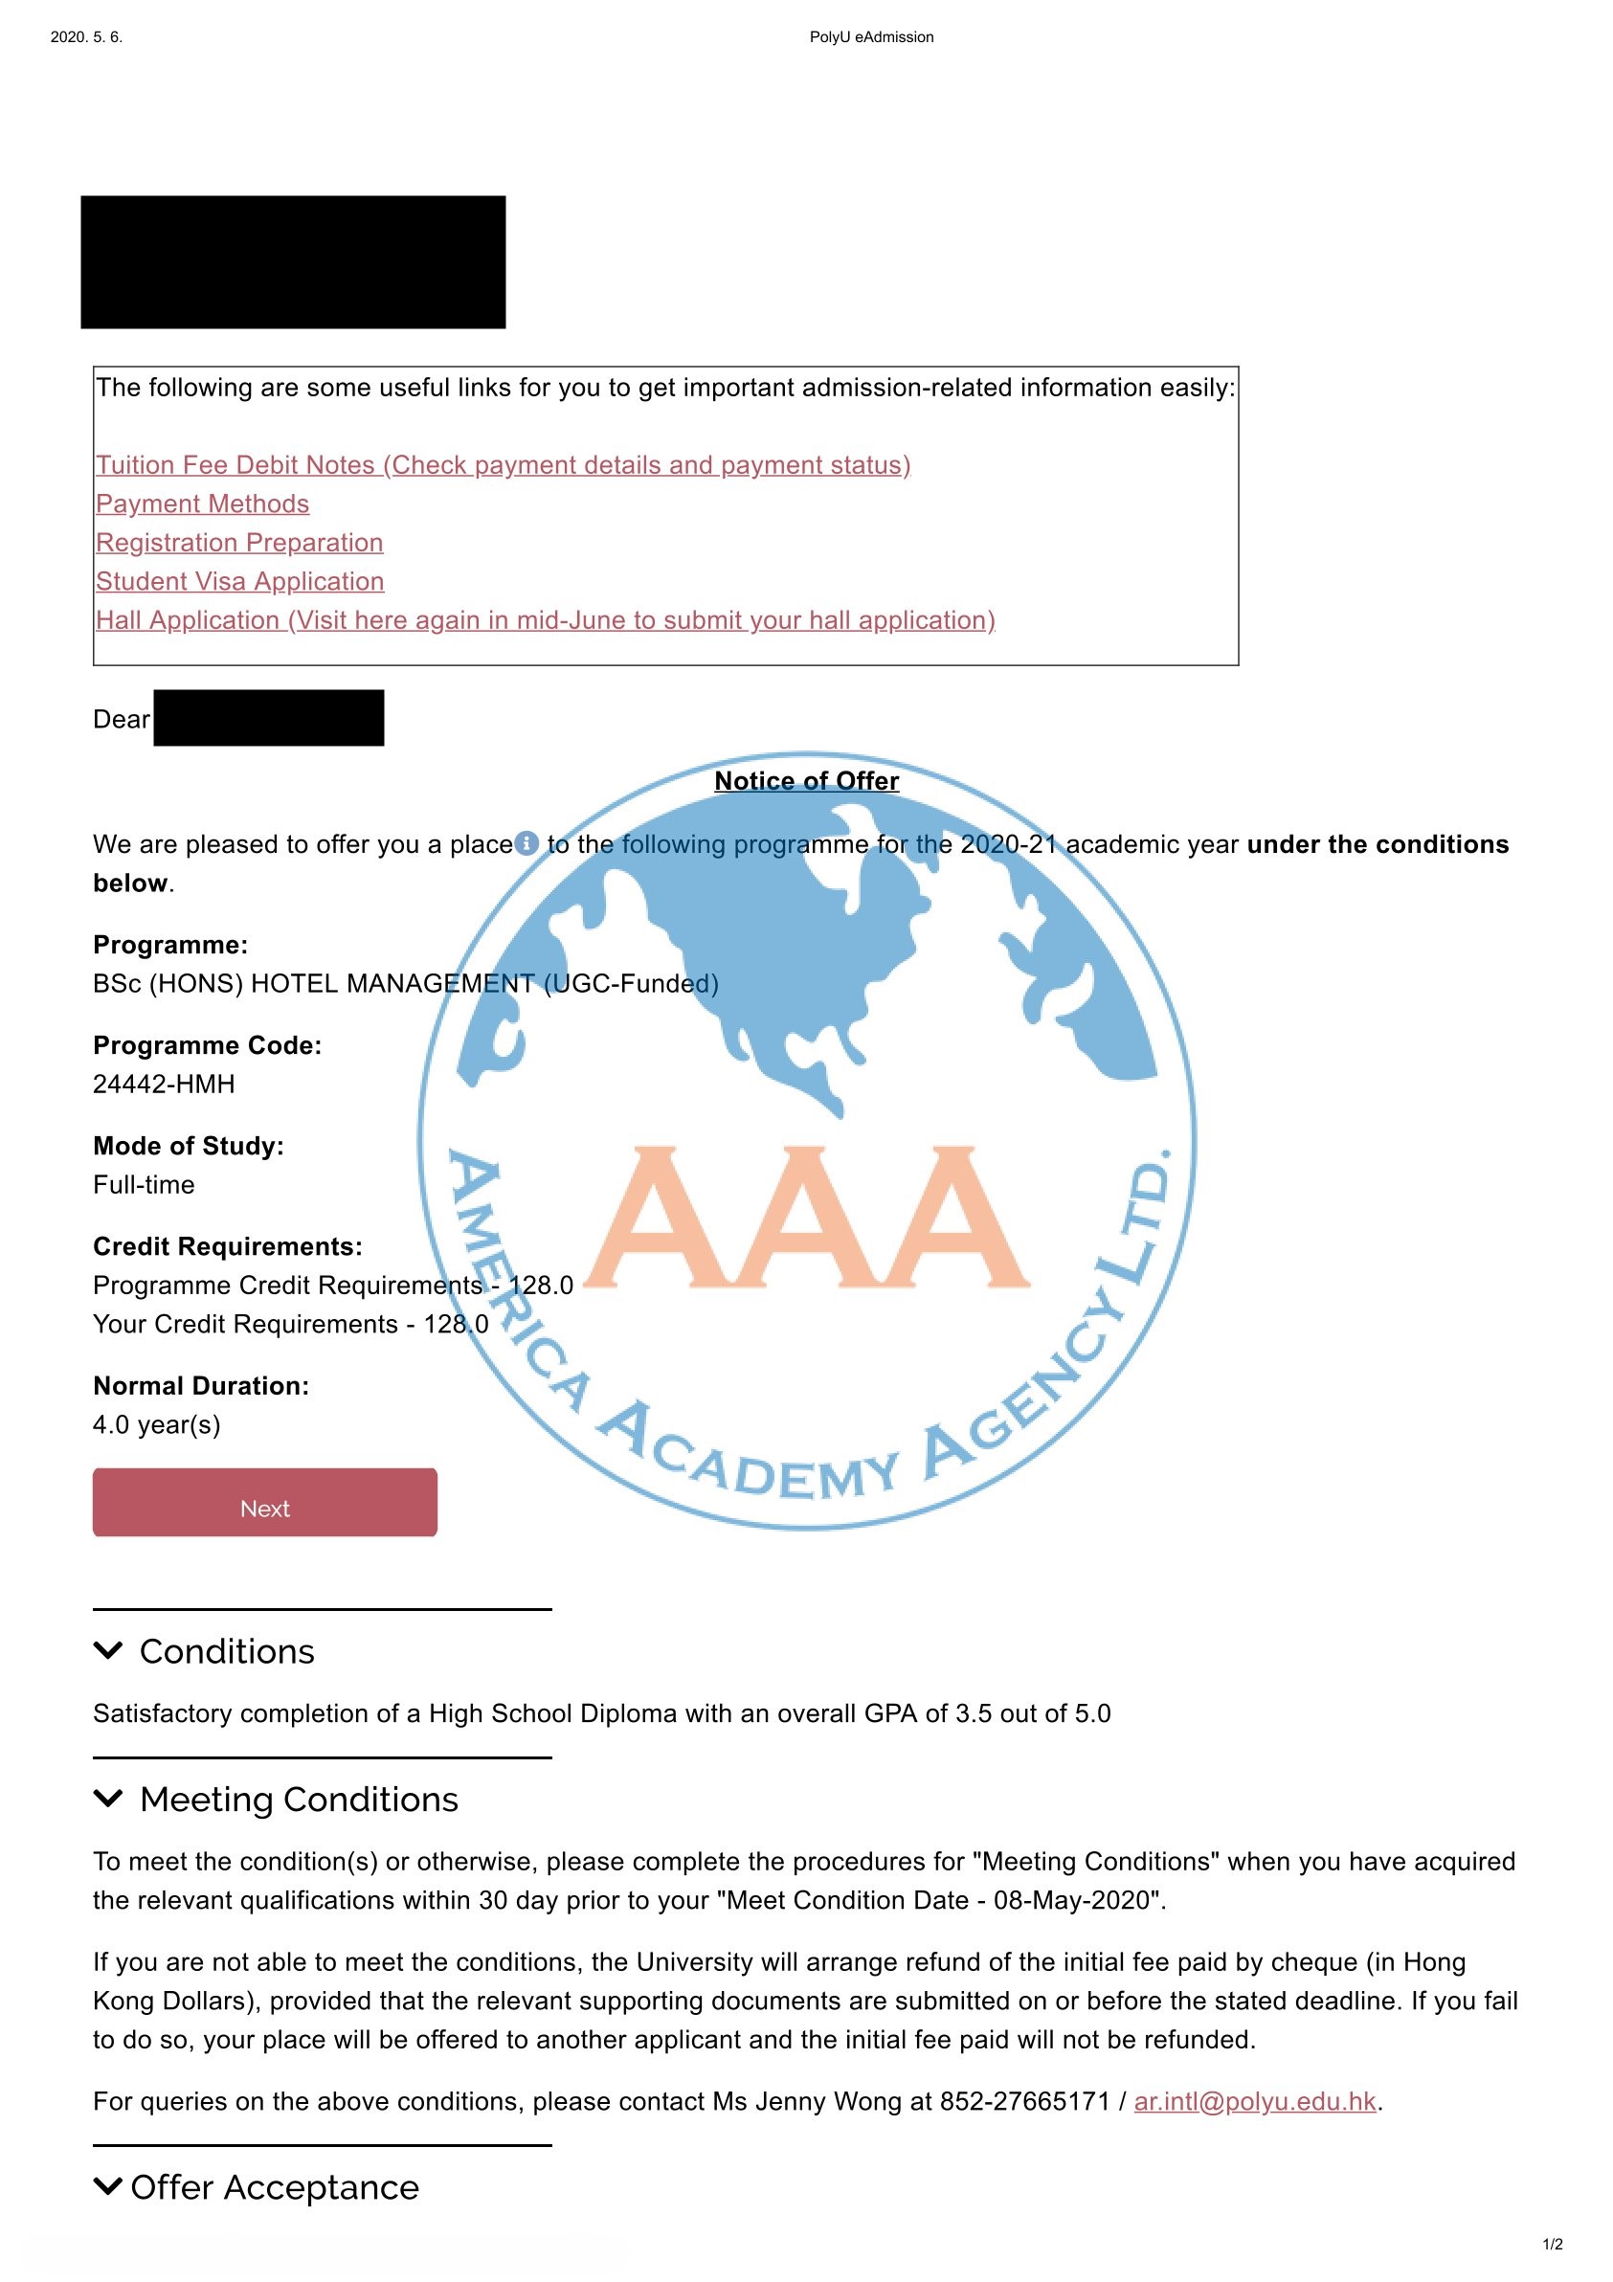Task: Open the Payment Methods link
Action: pyautogui.click(x=203, y=503)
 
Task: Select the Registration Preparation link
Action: pyautogui.click(x=239, y=543)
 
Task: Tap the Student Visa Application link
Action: pyautogui.click(x=239, y=581)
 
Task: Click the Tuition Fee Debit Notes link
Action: pyautogui.click(x=503, y=465)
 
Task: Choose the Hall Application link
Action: pyautogui.click(x=546, y=620)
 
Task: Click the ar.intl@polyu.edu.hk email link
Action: pyautogui.click(x=1254, y=2101)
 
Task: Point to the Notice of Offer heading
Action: pyautogui.click(x=806, y=781)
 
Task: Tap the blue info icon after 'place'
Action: pyautogui.click(x=526, y=843)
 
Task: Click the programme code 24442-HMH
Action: pyautogui.click(x=164, y=1085)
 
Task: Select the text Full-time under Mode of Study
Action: pyautogui.click(x=145, y=1185)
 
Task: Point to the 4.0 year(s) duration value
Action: pyautogui.click(x=157, y=1424)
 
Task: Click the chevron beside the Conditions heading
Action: pyautogui.click(x=107, y=1651)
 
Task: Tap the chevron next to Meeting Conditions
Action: pyautogui.click(x=107, y=1798)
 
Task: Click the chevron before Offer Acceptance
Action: pyautogui.click(x=107, y=2186)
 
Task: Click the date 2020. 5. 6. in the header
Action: pyautogui.click(x=86, y=37)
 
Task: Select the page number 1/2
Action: pyautogui.click(x=1553, y=2245)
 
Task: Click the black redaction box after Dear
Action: pyautogui.click(x=268, y=718)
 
